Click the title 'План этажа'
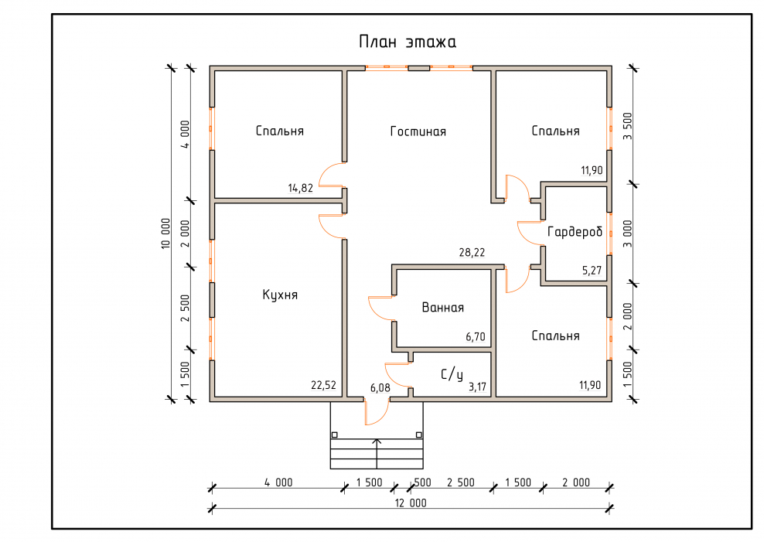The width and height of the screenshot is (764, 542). click(x=408, y=42)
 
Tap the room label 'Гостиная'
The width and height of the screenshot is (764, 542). click(x=418, y=131)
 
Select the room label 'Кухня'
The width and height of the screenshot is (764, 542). click(x=280, y=295)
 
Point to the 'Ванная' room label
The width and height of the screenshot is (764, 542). click(x=442, y=308)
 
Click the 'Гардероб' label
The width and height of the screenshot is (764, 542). click(x=575, y=232)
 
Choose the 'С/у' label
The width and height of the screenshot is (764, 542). click(x=452, y=374)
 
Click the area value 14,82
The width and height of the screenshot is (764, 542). click(x=300, y=188)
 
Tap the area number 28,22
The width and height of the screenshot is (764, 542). click(x=472, y=252)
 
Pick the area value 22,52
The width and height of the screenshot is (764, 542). click(x=323, y=385)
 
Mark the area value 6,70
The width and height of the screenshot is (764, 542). click(x=475, y=336)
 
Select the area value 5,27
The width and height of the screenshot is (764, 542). click(x=592, y=271)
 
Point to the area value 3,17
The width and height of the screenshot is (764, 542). click(x=478, y=387)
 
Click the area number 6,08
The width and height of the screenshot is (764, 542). click(x=380, y=388)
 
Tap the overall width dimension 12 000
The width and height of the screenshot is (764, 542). click(x=411, y=503)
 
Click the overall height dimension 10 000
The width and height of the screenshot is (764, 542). click(x=165, y=234)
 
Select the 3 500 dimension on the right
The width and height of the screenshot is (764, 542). click(x=627, y=126)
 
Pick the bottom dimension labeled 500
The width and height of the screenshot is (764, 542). click(x=422, y=482)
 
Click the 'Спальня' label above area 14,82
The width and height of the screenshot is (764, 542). click(x=280, y=131)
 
